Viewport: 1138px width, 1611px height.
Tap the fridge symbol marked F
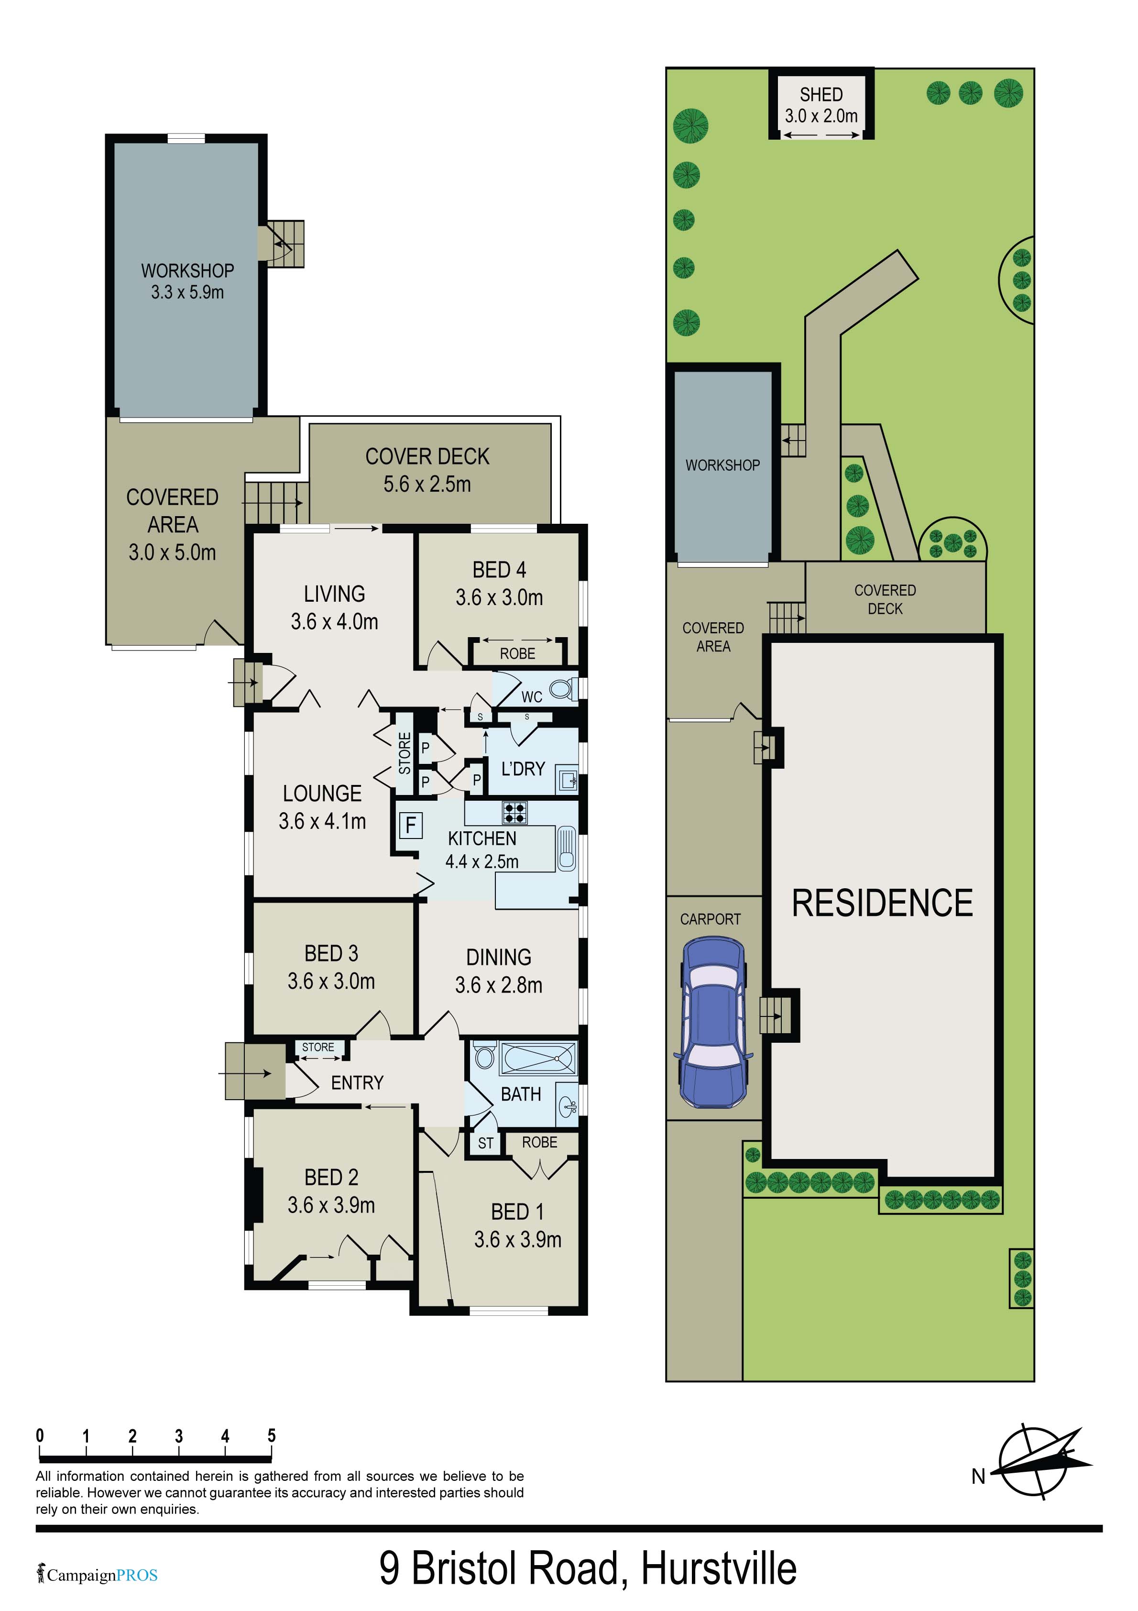point(410,825)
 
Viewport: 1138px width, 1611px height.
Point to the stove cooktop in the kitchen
point(515,813)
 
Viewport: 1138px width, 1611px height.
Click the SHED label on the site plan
point(821,95)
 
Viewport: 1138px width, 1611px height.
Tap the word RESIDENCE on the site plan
point(882,903)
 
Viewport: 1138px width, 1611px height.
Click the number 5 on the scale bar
point(272,1435)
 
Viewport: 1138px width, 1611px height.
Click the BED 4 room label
point(499,570)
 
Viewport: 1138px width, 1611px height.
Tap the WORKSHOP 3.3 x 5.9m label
point(187,281)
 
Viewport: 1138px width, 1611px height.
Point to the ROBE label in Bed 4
point(517,654)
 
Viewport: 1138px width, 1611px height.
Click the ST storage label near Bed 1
point(485,1144)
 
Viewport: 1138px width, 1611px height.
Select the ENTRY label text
point(357,1082)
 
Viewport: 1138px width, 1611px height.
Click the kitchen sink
point(566,848)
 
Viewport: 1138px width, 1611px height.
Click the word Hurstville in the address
point(719,1569)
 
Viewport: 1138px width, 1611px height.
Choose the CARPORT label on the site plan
point(710,919)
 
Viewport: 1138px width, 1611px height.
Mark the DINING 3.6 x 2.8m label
point(498,971)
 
